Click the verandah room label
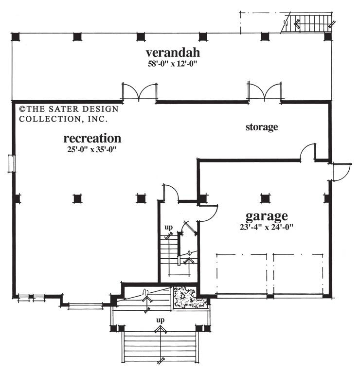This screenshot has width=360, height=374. click(173, 53)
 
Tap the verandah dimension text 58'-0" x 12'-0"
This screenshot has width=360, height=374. click(173, 64)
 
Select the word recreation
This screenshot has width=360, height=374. click(92, 138)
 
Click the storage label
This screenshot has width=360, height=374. click(261, 127)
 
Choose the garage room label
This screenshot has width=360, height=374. click(266, 215)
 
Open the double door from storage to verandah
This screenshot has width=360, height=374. click(265, 93)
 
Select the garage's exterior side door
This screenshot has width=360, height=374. click(341, 171)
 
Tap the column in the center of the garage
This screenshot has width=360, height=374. click(265, 198)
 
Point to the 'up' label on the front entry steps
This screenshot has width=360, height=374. click(159, 321)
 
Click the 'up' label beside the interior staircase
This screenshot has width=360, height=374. click(168, 227)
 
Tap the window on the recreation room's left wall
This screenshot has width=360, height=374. click(12, 163)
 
